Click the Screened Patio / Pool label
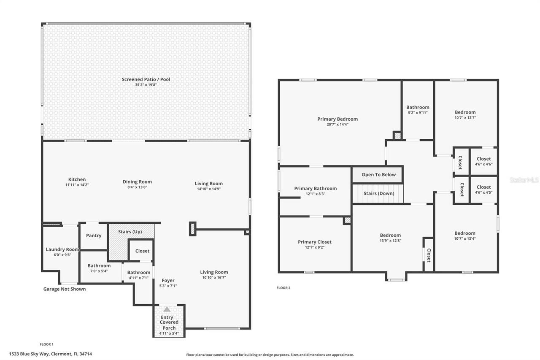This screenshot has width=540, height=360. point(146,79)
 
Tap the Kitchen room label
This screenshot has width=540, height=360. point(77,179)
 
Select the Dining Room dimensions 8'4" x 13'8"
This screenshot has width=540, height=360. point(137,187)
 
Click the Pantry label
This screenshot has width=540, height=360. point(94,235)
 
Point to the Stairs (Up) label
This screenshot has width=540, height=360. point(130,232)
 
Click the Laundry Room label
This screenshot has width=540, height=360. point(62,249)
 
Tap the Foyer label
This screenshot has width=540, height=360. point(168,280)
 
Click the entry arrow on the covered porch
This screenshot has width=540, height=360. point(167,309)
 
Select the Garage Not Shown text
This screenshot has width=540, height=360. point(65,289)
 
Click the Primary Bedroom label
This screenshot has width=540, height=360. point(337,119)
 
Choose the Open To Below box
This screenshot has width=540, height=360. point(378,175)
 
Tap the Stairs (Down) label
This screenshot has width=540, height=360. point(379,193)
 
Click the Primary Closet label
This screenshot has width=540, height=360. point(314,242)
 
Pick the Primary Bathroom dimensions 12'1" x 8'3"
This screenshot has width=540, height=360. point(315,194)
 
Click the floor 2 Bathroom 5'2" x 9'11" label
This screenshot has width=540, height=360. point(418,107)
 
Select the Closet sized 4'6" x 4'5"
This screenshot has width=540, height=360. point(483,189)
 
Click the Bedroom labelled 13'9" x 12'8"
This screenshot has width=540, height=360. point(390,235)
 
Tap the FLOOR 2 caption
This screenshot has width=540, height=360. point(283,288)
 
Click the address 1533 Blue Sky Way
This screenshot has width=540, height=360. point(51,354)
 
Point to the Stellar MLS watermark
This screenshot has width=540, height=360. point(524,180)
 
